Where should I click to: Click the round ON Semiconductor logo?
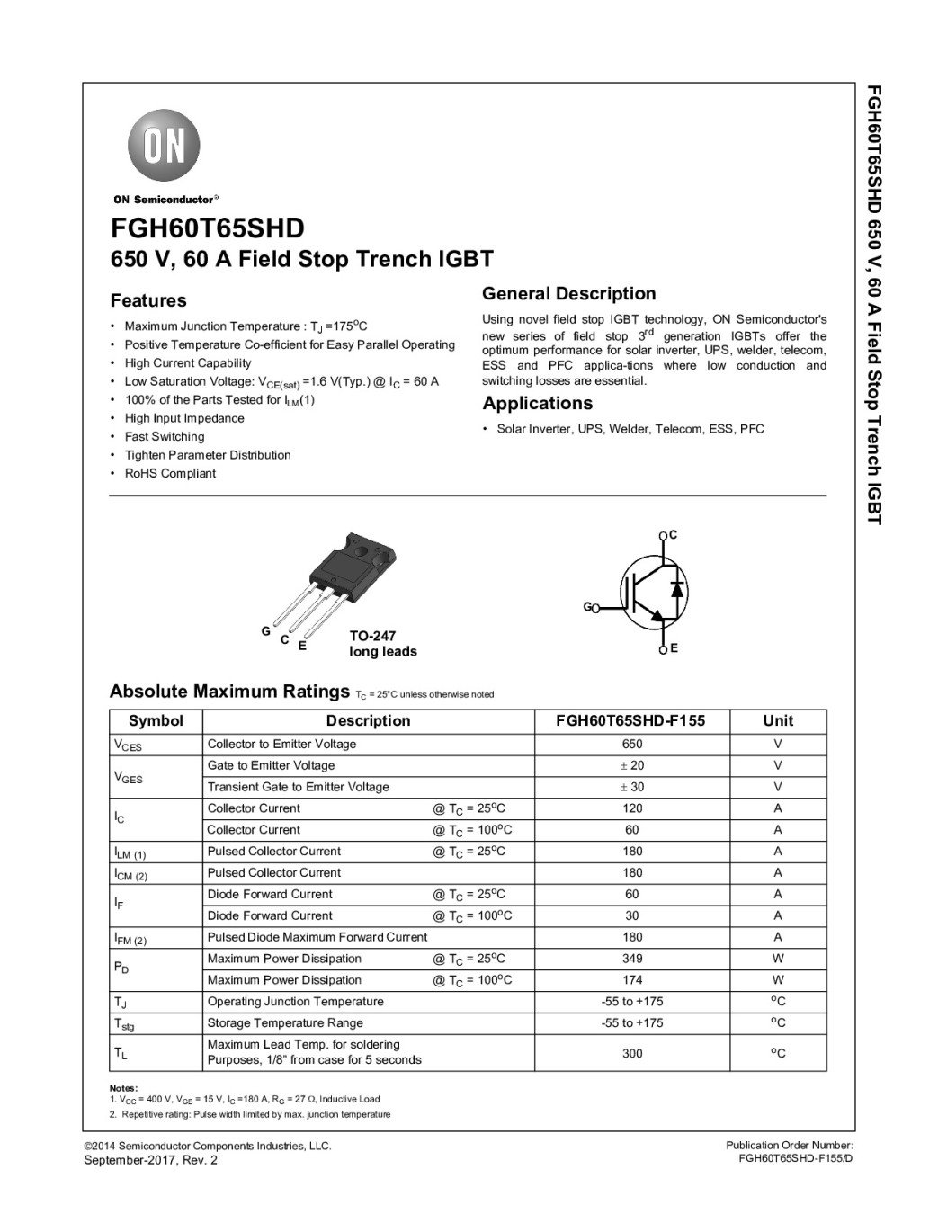pos(164,147)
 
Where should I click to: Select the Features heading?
pos(148,300)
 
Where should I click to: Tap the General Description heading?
pos(569,293)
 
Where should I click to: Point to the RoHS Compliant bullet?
pos(170,473)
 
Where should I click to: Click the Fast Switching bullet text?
pos(165,436)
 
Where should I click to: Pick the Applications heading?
pos(538,403)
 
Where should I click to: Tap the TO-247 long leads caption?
pos(382,643)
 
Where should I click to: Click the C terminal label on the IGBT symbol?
pos(674,535)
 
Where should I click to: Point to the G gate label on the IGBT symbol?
pos(587,607)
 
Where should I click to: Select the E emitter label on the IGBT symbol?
pos(674,648)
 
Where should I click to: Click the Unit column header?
pos(778,720)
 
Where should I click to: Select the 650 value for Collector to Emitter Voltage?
pos(632,744)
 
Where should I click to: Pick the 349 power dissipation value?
pos(632,959)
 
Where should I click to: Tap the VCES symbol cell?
pos(128,745)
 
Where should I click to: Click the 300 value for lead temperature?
pos(632,1053)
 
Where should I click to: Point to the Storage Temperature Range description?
pos(285,1022)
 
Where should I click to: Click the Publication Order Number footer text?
pos(789,1145)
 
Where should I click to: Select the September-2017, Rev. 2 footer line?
pos(150,1160)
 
